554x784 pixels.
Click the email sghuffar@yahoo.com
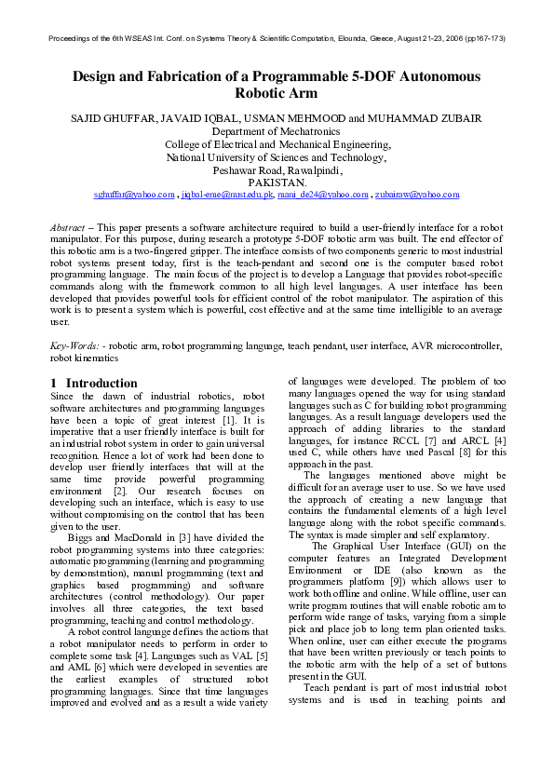tap(134, 195)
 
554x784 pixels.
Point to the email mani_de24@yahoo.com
tap(323, 195)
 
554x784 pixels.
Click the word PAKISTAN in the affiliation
tap(277, 183)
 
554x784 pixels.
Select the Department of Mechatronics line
tap(277, 132)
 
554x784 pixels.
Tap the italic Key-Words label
tap(73, 345)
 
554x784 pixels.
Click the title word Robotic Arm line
tap(277, 93)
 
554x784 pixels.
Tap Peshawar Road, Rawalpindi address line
tap(277, 171)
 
